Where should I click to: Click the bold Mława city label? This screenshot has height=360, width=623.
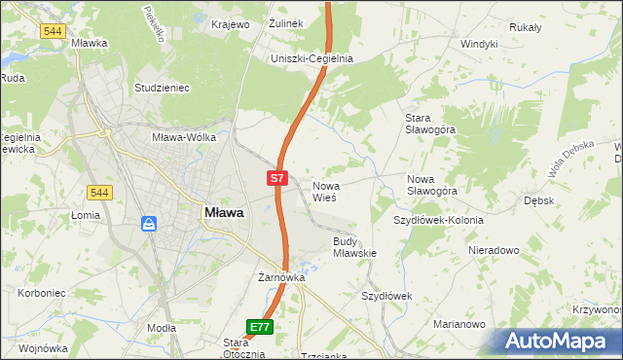[x=224, y=212]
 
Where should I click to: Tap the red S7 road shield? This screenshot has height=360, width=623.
[x=277, y=178]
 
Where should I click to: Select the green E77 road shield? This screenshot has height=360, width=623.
[x=259, y=328]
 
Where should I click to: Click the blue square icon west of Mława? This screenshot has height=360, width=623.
[x=150, y=224]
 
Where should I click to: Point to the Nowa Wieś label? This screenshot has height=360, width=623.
[x=324, y=191]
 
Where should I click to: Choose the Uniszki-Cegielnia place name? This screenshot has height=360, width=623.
[x=311, y=58]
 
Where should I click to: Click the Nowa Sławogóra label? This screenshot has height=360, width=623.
[x=432, y=185]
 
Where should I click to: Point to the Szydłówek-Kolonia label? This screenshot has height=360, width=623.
[x=438, y=220]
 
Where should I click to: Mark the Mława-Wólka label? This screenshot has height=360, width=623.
[x=189, y=137]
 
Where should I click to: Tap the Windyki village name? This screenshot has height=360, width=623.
[x=479, y=44]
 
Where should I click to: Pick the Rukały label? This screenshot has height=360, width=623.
[x=525, y=27]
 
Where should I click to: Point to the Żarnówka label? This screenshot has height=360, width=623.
[x=281, y=277]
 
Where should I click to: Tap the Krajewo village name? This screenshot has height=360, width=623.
[x=231, y=23]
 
